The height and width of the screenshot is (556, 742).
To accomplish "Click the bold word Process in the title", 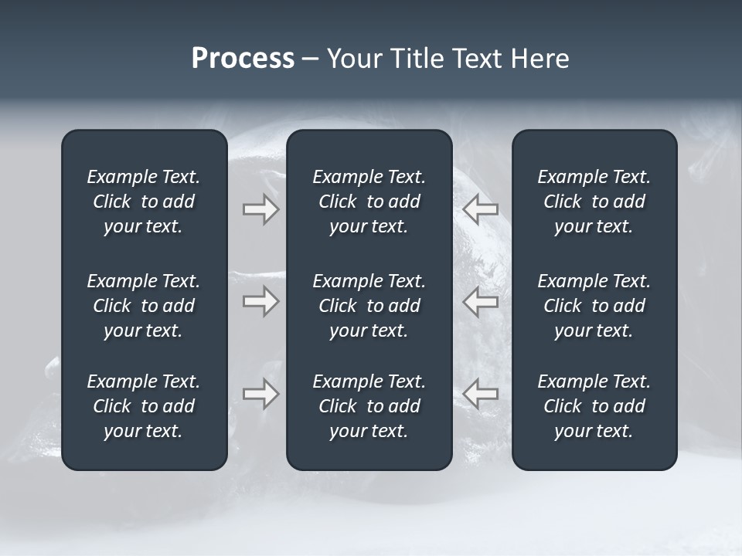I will (243, 59).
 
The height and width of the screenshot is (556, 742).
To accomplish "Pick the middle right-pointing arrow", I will (260, 301).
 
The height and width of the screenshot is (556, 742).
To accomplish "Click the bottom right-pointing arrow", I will (260, 394).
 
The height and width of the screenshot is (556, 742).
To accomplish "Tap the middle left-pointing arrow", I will (480, 301).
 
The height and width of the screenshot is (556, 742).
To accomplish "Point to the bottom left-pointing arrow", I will (480, 394).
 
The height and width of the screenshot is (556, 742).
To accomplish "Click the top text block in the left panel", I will (144, 202).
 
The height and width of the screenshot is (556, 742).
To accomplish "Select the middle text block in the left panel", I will (144, 306).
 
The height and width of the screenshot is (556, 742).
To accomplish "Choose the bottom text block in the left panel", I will (144, 406).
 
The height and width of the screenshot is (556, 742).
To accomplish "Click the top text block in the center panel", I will (369, 202).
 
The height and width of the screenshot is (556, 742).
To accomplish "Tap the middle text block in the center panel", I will (369, 306).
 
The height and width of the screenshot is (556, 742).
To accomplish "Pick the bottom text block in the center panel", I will (369, 406).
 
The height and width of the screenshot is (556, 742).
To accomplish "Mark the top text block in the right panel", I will (594, 202).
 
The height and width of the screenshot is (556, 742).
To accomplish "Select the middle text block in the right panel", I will (594, 306).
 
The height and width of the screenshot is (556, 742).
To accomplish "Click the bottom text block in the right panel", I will (594, 406).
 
